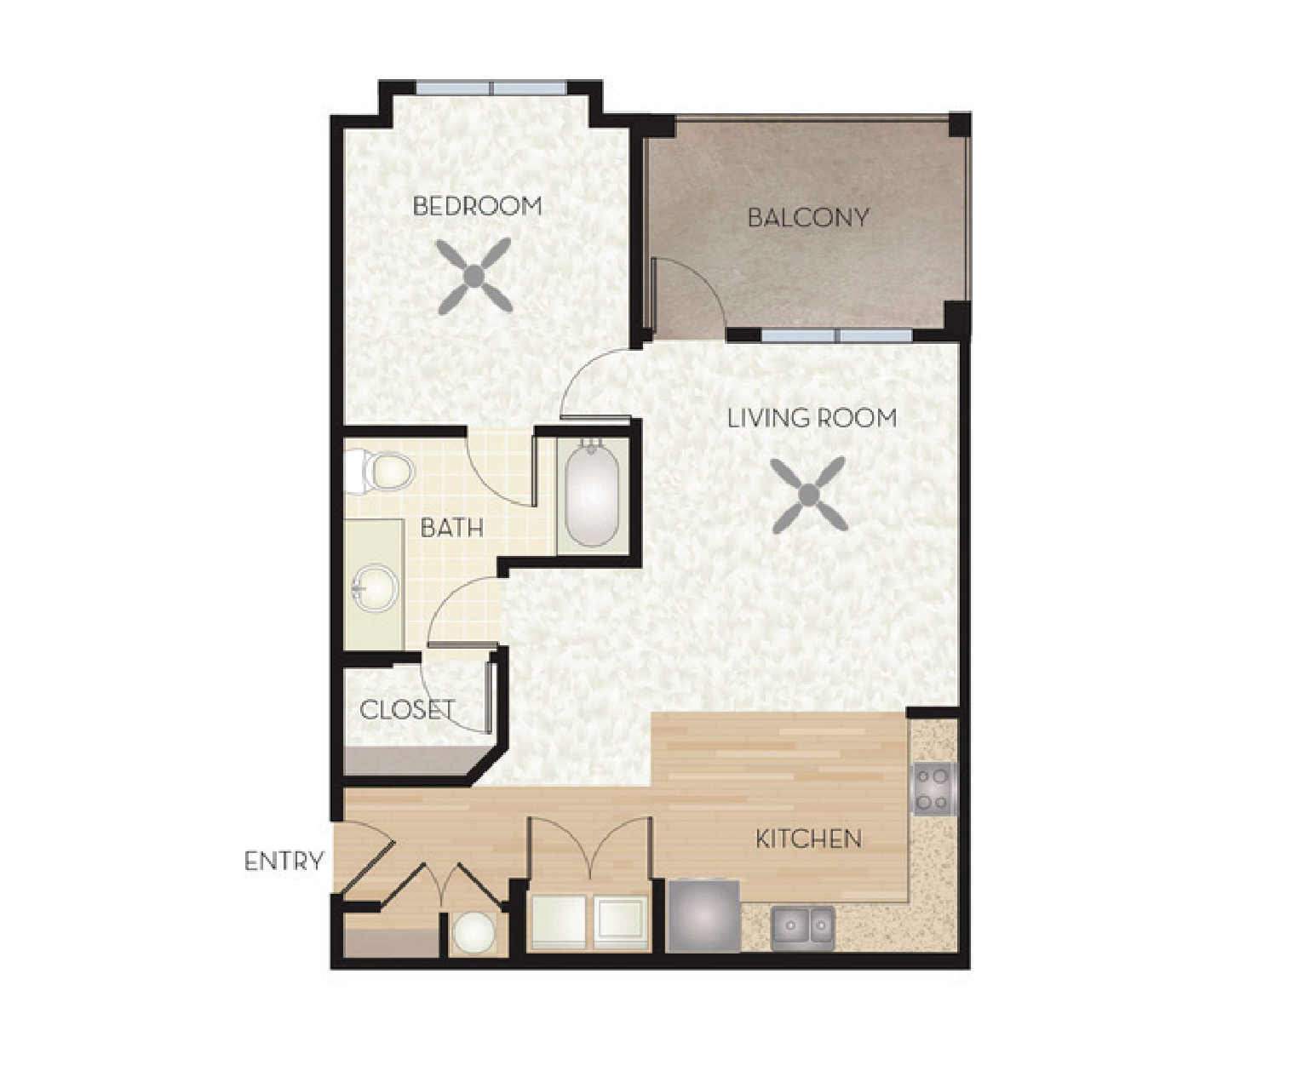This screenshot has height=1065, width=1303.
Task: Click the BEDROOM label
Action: tap(477, 206)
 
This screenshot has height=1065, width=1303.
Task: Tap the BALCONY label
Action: tap(808, 217)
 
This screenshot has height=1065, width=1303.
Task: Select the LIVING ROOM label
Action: tap(812, 418)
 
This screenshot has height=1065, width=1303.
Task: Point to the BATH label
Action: tap(451, 528)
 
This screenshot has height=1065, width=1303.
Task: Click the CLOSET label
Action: tap(407, 710)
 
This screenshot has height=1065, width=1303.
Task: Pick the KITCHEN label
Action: tap(809, 839)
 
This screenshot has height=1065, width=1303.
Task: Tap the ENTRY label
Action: tap(284, 861)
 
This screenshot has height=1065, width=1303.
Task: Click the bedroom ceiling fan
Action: tap(474, 276)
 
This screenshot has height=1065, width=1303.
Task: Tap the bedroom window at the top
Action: tap(490, 88)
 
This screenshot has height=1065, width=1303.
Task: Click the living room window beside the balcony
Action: tap(836, 335)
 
